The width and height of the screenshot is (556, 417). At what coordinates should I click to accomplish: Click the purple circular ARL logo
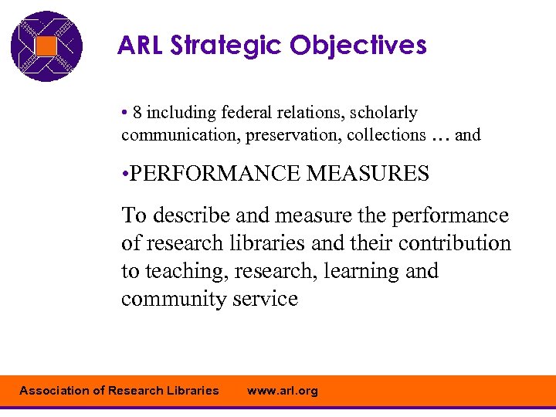pos(46,46)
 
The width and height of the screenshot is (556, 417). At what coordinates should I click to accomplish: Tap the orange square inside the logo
pos(46,46)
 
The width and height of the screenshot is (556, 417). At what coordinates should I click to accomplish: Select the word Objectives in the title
pos(358,46)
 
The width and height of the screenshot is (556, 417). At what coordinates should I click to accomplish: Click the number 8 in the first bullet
pos(137,113)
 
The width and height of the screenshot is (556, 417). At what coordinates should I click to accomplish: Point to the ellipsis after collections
pos(440,137)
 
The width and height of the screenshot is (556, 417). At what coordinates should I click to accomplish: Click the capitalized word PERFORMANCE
pos(216,174)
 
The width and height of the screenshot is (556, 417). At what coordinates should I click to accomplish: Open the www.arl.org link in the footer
pos(282,391)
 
